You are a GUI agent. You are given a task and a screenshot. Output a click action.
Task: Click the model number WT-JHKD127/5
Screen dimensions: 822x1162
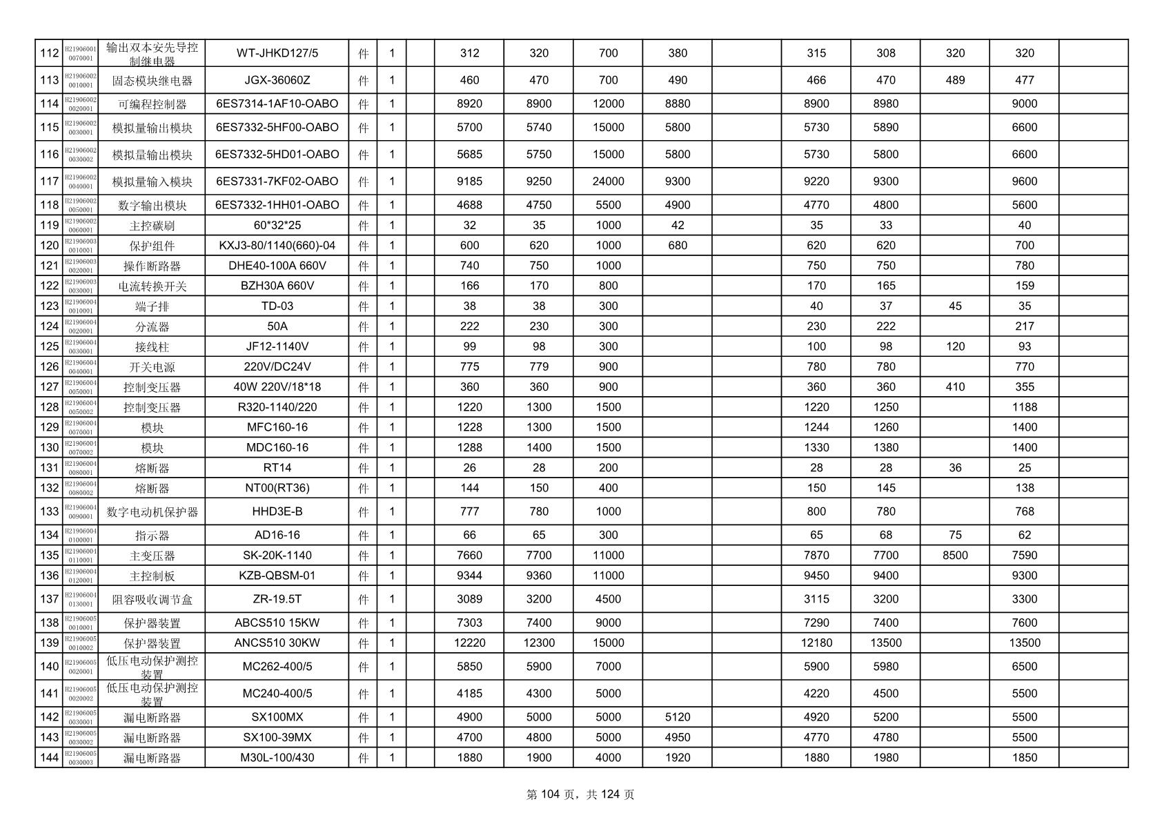(277, 53)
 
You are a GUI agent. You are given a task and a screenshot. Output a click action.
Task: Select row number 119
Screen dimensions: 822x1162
(49, 225)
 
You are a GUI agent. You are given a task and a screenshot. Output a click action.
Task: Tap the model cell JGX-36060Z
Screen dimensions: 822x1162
(277, 80)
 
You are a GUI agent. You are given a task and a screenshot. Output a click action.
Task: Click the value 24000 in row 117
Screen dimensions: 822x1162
(608, 182)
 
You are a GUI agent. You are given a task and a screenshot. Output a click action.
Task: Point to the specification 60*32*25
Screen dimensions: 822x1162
(277, 225)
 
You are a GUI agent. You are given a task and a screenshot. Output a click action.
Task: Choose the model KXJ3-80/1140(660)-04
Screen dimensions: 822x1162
(277, 245)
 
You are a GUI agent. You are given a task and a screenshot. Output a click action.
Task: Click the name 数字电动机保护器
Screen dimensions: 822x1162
(152, 512)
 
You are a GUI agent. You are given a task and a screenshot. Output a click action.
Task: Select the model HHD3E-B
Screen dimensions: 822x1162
(277, 511)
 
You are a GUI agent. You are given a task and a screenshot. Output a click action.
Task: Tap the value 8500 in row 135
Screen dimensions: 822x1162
(955, 555)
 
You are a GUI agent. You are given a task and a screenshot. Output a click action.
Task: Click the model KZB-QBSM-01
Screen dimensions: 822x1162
(277, 576)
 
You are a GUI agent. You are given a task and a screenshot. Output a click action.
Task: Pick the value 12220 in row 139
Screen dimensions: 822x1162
(469, 643)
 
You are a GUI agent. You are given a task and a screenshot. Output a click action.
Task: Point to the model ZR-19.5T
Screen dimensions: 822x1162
(277, 599)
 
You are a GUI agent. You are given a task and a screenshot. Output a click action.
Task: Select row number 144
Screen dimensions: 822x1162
(49, 757)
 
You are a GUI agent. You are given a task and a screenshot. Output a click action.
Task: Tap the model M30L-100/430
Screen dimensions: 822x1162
(277, 757)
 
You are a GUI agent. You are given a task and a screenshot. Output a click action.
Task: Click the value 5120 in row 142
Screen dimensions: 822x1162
(677, 717)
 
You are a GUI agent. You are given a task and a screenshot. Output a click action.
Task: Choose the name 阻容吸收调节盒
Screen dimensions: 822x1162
(152, 600)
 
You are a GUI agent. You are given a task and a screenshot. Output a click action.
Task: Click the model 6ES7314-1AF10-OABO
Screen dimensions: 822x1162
(277, 104)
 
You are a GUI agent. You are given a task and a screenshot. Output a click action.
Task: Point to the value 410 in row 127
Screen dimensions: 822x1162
(955, 386)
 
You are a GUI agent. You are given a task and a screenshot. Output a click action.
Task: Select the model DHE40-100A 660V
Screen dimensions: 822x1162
(277, 266)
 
